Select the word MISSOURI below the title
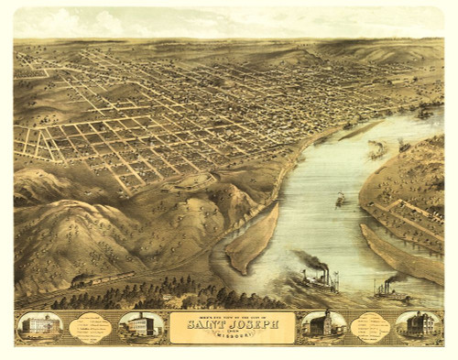[232, 334]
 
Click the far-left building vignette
[39, 326]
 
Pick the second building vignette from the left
[140, 326]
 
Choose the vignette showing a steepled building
[325, 326]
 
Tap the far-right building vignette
[418, 325]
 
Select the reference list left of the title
[91, 327]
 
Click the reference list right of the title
[372, 326]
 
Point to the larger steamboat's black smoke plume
[311, 260]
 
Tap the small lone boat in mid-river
[341, 199]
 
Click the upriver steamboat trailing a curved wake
[376, 148]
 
